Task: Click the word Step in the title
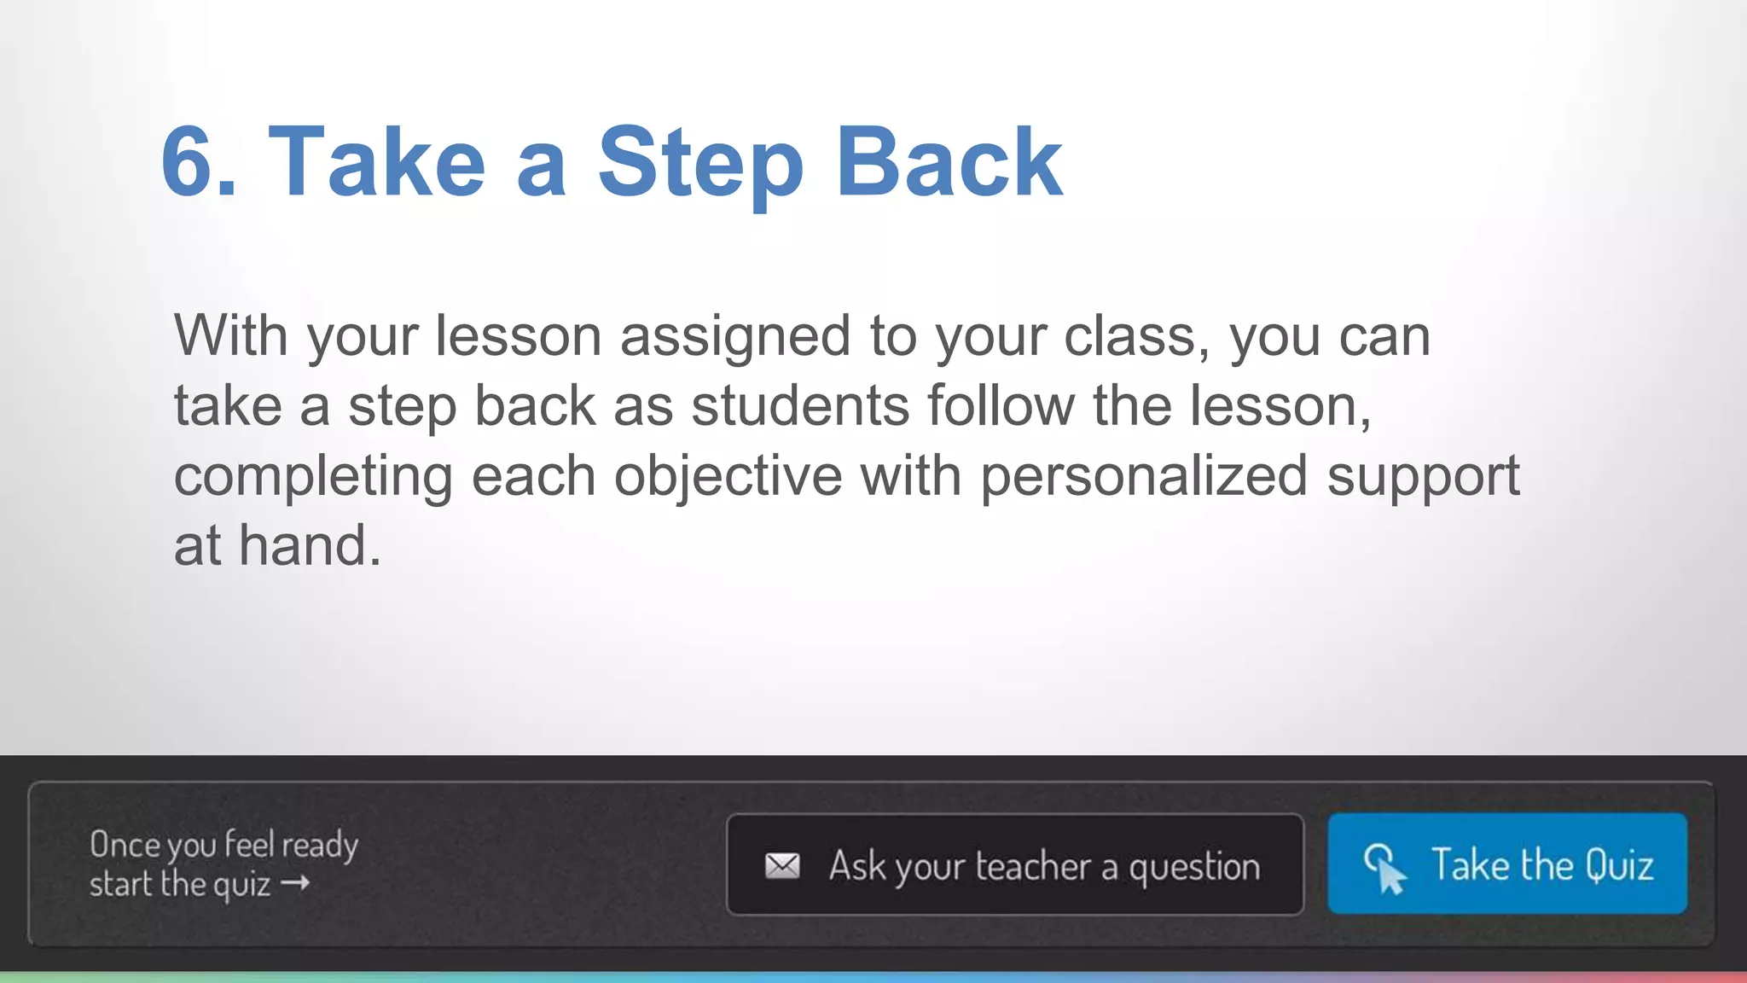point(700,162)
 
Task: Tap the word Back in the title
point(949,162)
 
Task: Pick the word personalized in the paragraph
point(1144,476)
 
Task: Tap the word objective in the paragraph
point(728,476)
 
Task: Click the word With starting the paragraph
point(230,335)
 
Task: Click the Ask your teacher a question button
point(1014,865)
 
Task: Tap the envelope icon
point(782,866)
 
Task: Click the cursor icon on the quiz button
point(1384,868)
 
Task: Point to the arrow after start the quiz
point(295,883)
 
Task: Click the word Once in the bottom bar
point(125,845)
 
